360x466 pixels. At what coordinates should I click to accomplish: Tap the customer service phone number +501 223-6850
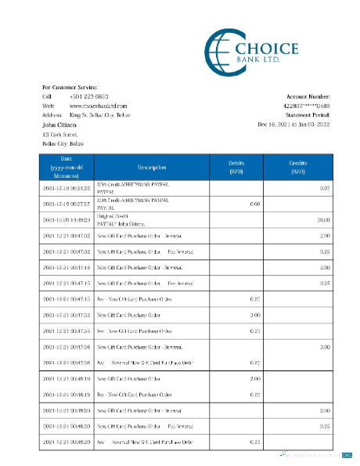pyautogui.click(x=85, y=96)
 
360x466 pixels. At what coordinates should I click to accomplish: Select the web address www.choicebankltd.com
pyautogui.click(x=98, y=105)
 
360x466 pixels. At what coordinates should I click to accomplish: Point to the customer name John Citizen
pyautogui.click(x=59, y=124)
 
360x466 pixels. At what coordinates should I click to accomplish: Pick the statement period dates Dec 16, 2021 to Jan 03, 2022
pyautogui.click(x=293, y=124)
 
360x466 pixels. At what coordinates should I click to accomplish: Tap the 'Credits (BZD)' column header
pyautogui.click(x=297, y=167)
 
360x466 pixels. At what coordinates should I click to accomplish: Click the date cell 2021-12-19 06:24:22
pyautogui.click(x=67, y=189)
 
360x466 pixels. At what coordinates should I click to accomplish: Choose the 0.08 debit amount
pyautogui.click(x=254, y=204)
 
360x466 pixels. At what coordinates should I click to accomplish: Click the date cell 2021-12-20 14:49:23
pyautogui.click(x=67, y=220)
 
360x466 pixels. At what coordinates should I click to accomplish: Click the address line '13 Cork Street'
pyautogui.click(x=60, y=135)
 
